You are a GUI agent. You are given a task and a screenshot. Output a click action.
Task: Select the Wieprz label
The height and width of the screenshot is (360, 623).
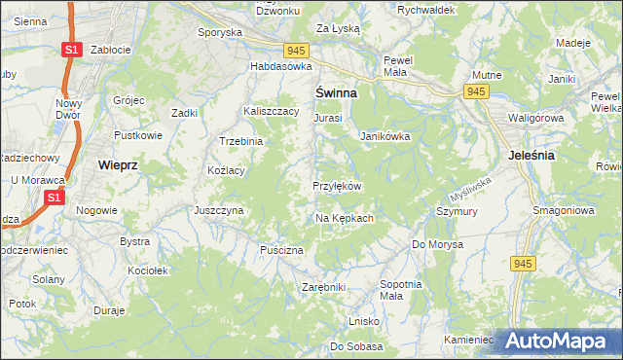[119, 165]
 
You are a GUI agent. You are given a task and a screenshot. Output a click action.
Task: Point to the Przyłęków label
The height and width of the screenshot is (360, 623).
[337, 186]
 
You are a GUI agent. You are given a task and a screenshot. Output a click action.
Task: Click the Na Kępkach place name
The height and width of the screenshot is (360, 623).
[345, 218]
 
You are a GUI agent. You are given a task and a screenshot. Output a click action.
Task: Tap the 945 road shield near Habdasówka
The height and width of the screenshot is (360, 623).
[298, 50]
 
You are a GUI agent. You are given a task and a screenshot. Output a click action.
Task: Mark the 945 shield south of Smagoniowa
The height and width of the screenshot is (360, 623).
[523, 264]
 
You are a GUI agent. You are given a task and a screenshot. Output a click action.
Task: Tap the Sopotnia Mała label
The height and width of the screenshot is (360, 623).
[399, 289]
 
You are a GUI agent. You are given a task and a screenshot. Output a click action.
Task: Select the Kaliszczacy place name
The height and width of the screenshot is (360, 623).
[271, 112]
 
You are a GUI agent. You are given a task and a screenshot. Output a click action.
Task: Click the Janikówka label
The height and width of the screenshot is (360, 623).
[385, 137]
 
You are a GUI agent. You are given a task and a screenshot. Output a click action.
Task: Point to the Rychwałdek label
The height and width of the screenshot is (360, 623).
[426, 10]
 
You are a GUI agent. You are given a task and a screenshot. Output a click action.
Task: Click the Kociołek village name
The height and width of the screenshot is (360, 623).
[149, 270]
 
